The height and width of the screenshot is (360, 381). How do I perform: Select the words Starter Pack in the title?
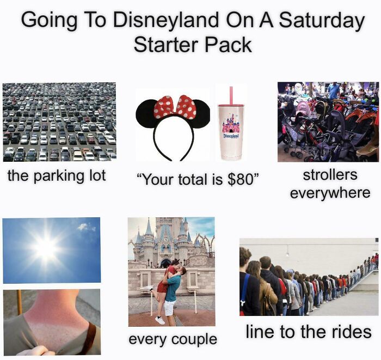pyautogui.click(x=193, y=45)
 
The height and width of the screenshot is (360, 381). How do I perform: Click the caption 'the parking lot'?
pyautogui.click(x=57, y=175)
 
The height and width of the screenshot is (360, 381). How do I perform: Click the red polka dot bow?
pyautogui.click(x=175, y=107)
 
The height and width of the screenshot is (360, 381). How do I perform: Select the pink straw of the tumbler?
pyautogui.click(x=230, y=95)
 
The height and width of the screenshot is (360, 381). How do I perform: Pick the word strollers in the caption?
pyautogui.click(x=330, y=175)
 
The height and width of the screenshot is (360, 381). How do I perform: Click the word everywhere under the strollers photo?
pyautogui.click(x=330, y=192)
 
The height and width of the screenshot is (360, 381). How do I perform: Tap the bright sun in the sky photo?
pyautogui.click(x=45, y=248)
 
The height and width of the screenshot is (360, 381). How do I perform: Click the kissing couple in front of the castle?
pyautogui.click(x=170, y=286)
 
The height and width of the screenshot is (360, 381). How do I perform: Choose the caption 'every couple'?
pyautogui.click(x=173, y=339)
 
